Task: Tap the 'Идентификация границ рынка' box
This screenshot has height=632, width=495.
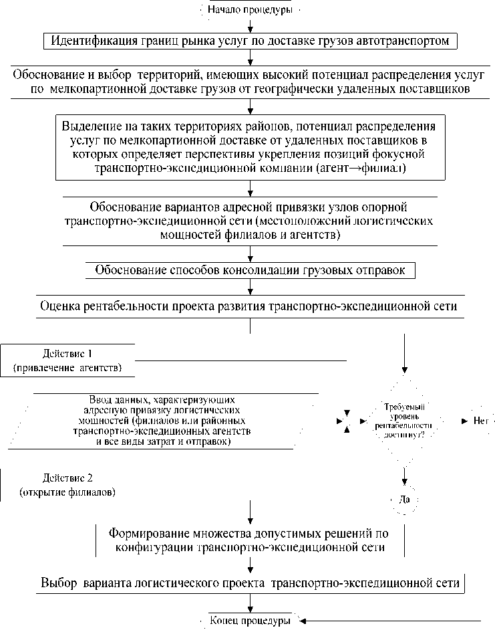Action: tap(250, 41)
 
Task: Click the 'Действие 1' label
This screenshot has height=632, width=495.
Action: tap(67, 353)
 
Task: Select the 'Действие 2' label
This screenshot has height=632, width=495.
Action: tap(67, 478)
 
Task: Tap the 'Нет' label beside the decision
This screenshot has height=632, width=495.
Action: tap(481, 421)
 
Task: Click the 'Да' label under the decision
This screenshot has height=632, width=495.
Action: tap(404, 499)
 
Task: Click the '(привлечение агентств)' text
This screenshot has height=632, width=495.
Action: tap(67, 368)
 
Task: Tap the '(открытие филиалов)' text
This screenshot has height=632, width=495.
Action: tap(67, 493)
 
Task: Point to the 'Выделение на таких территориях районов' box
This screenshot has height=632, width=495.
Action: tap(250, 147)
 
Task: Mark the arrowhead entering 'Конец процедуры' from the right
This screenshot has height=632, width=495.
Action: tap(307, 621)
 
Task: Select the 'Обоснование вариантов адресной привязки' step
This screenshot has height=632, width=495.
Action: tap(250, 220)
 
